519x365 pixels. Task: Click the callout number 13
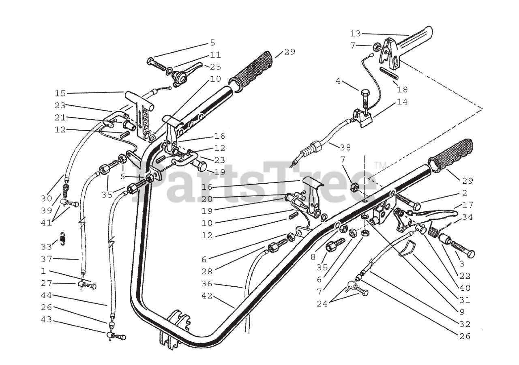pyautogui.click(x=355, y=33)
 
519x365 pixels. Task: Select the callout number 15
pyautogui.click(x=60, y=93)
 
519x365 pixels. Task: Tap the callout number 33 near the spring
pyautogui.click(x=46, y=246)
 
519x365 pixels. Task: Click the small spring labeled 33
pyautogui.click(x=62, y=239)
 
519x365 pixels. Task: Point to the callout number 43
pyautogui.click(x=46, y=320)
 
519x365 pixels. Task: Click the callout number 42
pyautogui.click(x=207, y=296)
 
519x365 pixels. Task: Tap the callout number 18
pyautogui.click(x=402, y=90)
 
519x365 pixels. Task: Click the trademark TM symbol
pyautogui.click(x=380, y=165)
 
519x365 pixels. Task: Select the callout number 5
pyautogui.click(x=212, y=43)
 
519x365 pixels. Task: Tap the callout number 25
pyautogui.click(x=216, y=67)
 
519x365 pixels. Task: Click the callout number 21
pyautogui.click(x=60, y=118)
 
